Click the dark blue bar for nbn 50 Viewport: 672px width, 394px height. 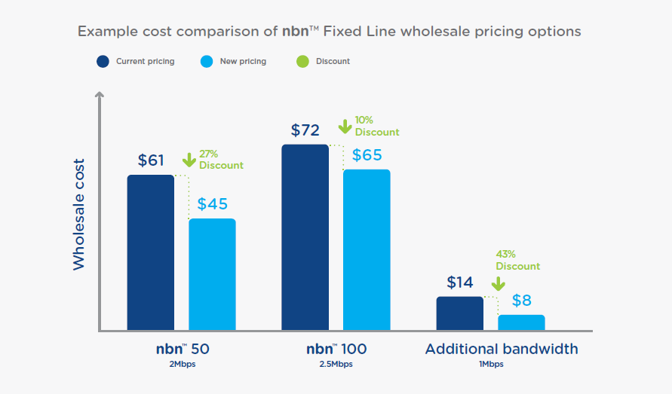pos(151,252)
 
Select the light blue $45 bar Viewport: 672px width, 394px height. pos(212,274)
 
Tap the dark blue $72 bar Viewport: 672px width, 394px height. pos(305,237)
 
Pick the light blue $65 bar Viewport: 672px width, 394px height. pos(367,249)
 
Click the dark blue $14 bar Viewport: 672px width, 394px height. pos(460,313)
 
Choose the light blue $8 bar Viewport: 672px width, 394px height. pos(521,322)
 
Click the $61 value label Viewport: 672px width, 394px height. pos(151,160)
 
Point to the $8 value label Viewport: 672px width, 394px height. pos(521,301)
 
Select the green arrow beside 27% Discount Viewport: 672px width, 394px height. pos(189,160)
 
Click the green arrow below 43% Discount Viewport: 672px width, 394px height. pos(498,283)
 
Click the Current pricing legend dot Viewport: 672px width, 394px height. pos(103,61)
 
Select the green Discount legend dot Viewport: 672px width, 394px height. pos(302,61)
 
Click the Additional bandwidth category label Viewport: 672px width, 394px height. pos(502,349)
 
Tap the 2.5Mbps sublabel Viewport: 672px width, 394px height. pos(336,365)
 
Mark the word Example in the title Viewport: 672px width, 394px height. pos(106,32)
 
